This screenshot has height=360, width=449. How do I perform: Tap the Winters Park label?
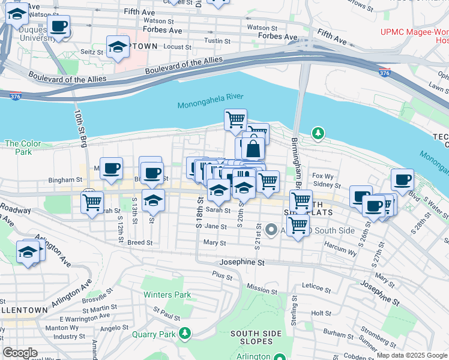click(167, 295)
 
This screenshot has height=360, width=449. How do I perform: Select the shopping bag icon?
click(253, 148)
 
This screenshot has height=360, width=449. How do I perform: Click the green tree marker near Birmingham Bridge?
click(318, 133)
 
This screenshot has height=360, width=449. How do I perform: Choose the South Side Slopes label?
click(252, 338)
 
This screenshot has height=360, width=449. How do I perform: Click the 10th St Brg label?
click(80, 127)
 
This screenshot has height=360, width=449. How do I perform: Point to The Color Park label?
click(23, 148)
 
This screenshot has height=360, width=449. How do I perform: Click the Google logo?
click(20, 353)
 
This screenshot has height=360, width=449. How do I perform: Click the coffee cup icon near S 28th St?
click(402, 179)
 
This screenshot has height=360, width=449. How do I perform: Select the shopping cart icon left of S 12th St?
click(92, 202)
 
